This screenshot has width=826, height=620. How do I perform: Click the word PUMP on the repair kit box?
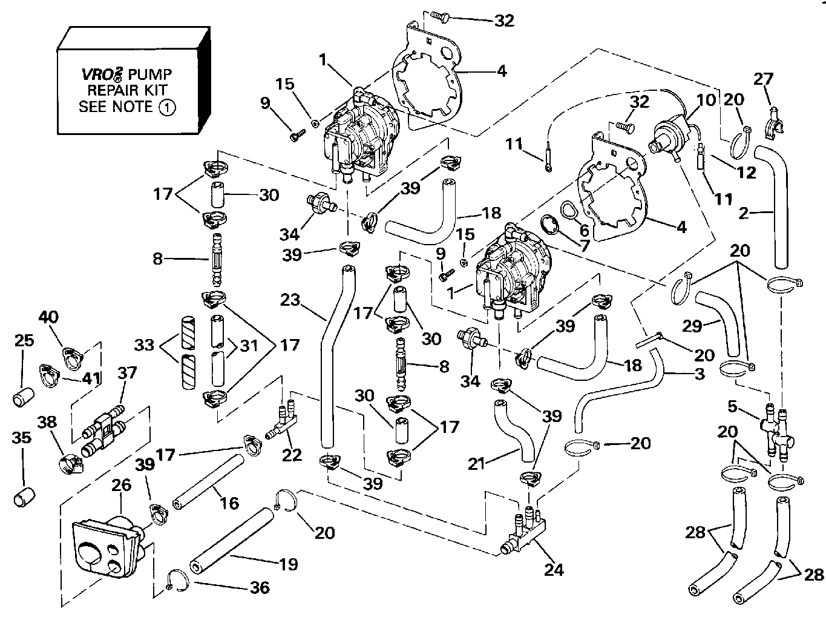(151, 74)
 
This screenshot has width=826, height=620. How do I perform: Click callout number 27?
(764, 79)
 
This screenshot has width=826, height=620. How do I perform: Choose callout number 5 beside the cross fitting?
(733, 407)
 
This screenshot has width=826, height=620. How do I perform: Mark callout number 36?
(260, 587)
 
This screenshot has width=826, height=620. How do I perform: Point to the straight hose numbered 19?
(231, 539)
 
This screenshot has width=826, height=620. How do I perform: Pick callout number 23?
(290, 300)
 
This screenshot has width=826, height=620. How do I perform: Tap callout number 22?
(292, 454)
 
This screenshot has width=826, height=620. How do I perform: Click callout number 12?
(747, 173)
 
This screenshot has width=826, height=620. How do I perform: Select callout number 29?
(692, 325)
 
